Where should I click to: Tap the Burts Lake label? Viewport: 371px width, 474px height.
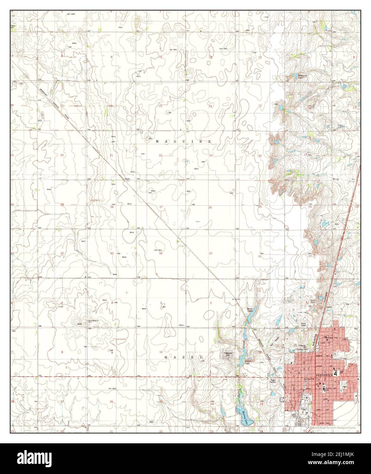click(x=250, y=310)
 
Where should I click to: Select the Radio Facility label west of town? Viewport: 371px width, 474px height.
click(x=273, y=381)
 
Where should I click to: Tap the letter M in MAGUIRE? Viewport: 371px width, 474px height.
click(x=157, y=141)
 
